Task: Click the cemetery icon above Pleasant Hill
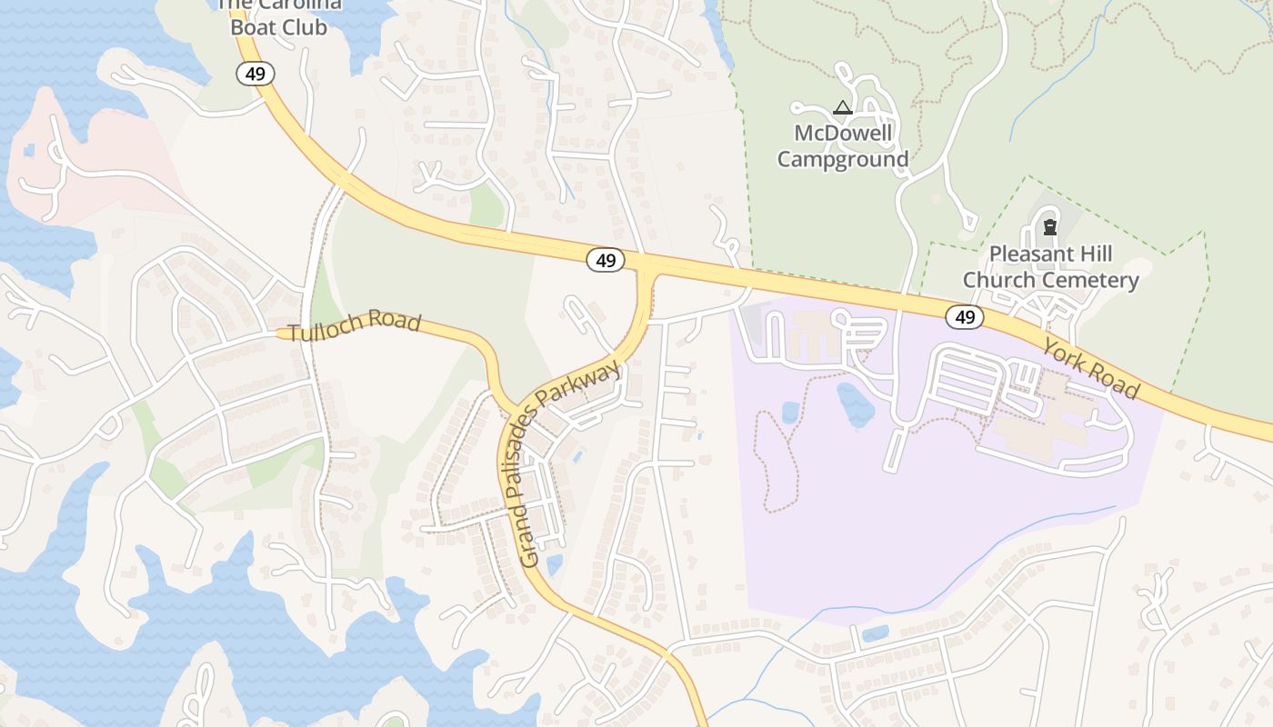click(x=1050, y=227)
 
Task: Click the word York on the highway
click(x=1064, y=355)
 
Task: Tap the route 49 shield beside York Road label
click(x=965, y=317)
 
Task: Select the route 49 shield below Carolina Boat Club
click(x=256, y=74)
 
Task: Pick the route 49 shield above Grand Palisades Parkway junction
click(x=606, y=261)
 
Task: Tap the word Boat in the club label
click(x=253, y=27)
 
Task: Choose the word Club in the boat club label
click(x=304, y=27)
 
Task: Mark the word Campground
click(x=843, y=160)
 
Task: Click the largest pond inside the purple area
click(x=856, y=404)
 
